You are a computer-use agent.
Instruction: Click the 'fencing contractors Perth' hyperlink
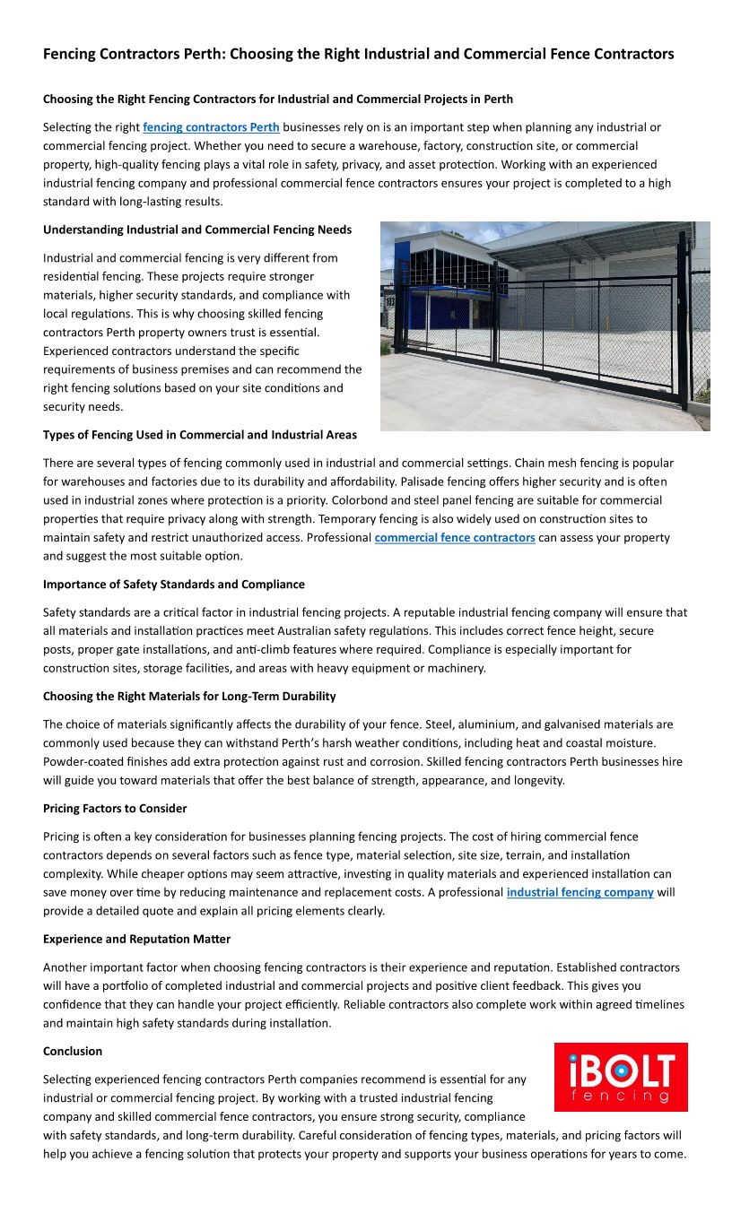coord(211,127)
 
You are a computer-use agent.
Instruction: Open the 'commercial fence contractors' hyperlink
coord(455,538)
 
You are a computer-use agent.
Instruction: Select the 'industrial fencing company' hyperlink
coord(579,893)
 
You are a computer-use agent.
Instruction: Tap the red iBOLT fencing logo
coord(621,1077)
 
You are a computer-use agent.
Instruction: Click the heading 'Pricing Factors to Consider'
coord(115,809)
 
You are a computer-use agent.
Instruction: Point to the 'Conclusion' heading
coord(73,1052)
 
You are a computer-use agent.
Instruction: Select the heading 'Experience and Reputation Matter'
coord(136,940)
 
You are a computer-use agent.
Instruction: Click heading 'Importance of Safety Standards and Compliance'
coord(174,585)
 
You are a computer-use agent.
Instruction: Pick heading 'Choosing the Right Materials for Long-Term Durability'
coord(189,697)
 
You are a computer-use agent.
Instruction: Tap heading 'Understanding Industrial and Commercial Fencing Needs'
coord(197,230)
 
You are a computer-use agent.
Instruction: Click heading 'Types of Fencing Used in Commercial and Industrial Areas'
coord(200,435)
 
